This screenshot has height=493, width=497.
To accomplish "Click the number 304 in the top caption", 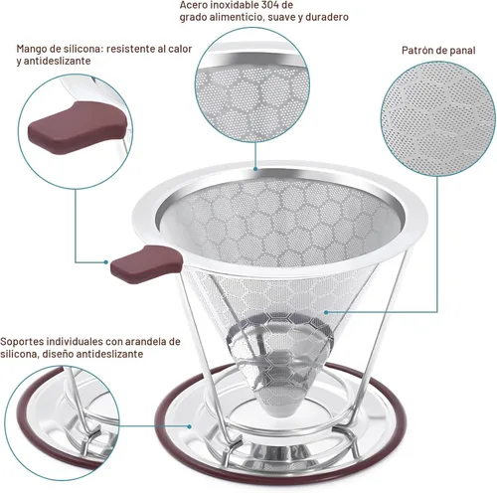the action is [x=271, y=5].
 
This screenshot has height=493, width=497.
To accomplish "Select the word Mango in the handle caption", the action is [x=29, y=50].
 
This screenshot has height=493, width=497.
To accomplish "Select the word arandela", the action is [x=148, y=341].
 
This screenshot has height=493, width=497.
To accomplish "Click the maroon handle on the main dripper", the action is [x=146, y=263].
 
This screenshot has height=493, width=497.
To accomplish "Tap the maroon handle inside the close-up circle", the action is [x=77, y=128].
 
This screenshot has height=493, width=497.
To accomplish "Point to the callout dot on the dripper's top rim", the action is [x=255, y=169].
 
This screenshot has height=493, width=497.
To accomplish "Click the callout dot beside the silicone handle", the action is [x=105, y=262].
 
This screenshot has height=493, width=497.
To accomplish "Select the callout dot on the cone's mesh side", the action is [x=326, y=312].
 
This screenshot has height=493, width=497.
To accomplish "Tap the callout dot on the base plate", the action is [x=189, y=426].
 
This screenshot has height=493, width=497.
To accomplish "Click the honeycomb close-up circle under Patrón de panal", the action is [x=438, y=118].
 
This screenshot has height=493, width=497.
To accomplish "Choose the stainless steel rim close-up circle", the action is [x=252, y=85].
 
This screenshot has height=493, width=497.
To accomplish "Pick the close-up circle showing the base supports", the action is [x=62, y=423].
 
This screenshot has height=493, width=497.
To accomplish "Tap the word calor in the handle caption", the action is [x=180, y=50].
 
